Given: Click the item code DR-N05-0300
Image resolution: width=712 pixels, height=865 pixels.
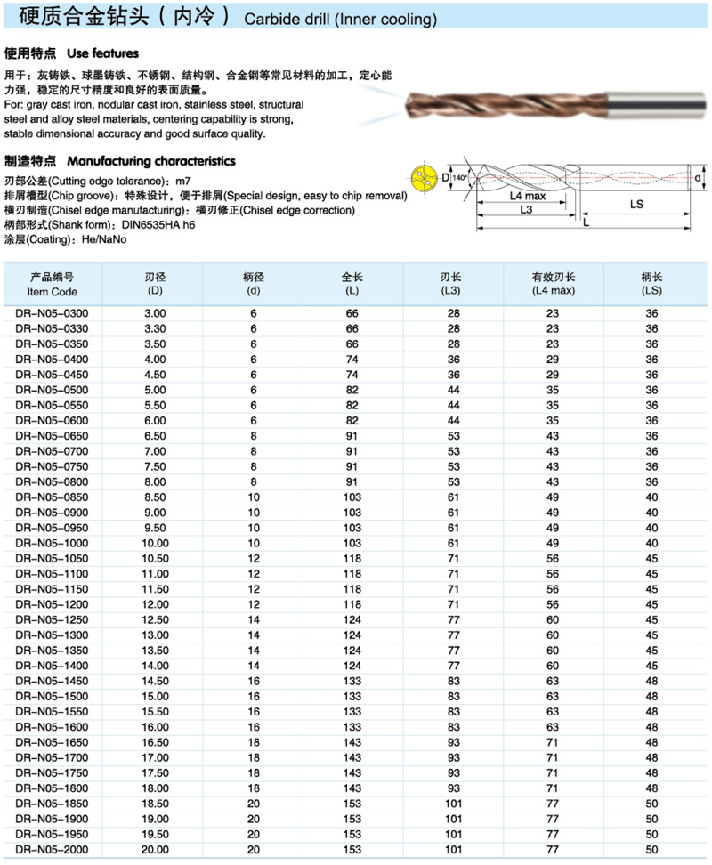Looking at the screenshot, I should (53, 314).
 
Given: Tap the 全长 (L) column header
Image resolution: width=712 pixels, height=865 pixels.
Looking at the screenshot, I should (353, 284).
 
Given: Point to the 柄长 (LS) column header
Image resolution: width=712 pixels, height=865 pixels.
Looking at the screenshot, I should (651, 284).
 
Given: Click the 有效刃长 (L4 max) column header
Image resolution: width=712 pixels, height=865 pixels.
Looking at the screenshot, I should (553, 284).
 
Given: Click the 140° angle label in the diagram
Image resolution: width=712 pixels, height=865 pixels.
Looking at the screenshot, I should (460, 178).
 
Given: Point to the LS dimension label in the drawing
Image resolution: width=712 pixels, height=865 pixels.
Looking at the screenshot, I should (636, 204).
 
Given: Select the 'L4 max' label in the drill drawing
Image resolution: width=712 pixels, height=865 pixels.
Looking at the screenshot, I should (528, 196).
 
